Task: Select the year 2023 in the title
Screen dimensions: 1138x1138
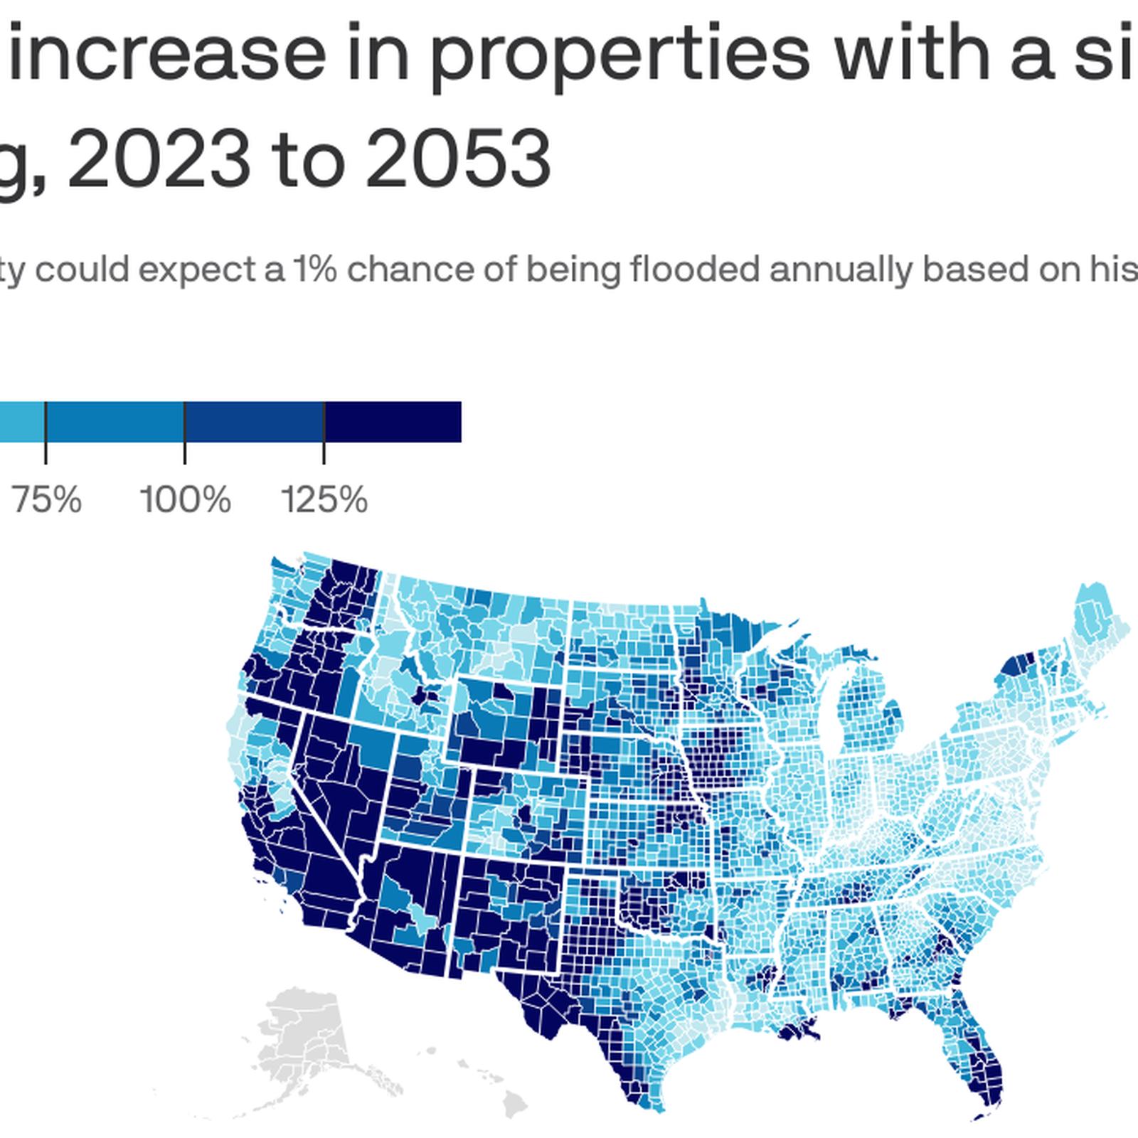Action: [159, 159]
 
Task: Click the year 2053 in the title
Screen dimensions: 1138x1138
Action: [458, 159]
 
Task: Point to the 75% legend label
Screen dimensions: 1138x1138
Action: [47, 500]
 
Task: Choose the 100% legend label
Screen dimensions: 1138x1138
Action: [185, 500]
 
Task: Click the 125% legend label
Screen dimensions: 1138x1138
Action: [324, 500]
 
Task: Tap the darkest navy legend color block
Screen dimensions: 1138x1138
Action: [393, 422]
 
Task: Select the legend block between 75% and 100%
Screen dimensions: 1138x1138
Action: [115, 422]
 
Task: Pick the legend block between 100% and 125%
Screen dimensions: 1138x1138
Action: [255, 422]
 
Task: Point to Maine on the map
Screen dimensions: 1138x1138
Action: [1095, 619]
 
